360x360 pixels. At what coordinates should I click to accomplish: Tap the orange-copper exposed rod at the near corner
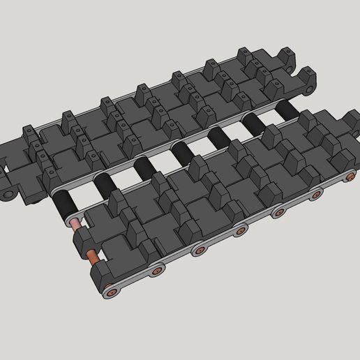pos(90,257)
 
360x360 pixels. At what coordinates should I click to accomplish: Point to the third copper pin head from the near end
pos(199,249)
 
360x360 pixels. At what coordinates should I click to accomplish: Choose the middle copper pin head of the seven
pos(241,228)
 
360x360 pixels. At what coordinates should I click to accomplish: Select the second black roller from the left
pos(103,183)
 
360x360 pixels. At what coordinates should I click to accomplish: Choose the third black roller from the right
pos(218,135)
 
